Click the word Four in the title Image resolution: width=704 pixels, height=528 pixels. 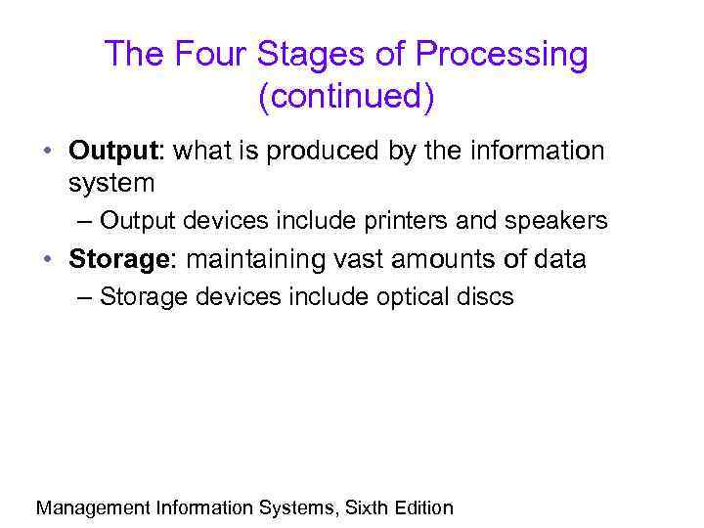coord(203,55)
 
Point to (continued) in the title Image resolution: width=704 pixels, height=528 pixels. coord(346,98)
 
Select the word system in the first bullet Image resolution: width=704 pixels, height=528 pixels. coord(112,182)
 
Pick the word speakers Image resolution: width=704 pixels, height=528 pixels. coord(555,221)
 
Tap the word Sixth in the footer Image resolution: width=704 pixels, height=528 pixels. coord(366,507)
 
